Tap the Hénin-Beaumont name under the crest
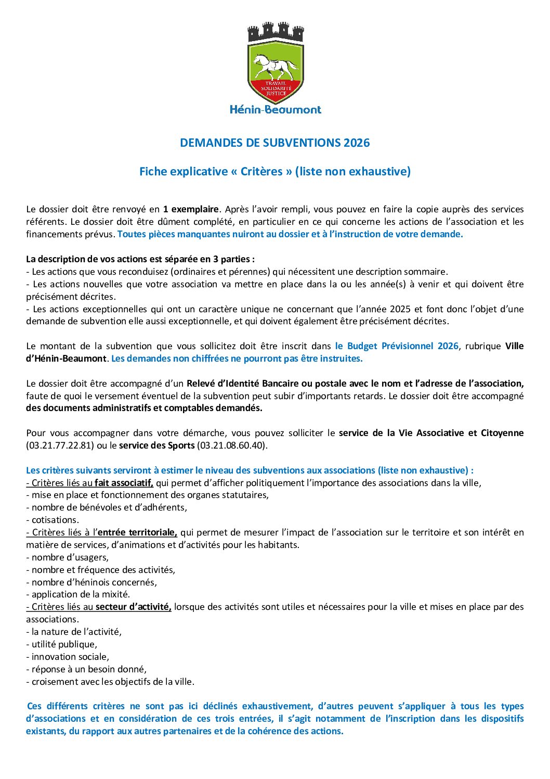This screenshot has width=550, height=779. (276, 110)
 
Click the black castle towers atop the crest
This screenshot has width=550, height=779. (276, 32)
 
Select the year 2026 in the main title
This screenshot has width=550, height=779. (356, 143)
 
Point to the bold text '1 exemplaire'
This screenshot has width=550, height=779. (191, 209)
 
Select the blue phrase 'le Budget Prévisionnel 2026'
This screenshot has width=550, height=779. (397, 346)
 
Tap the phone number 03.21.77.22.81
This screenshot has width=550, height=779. (59, 445)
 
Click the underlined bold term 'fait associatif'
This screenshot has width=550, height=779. (124, 483)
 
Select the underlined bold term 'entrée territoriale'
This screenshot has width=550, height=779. (137, 532)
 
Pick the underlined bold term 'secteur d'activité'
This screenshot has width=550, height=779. (134, 607)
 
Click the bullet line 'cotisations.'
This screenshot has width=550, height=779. (52, 520)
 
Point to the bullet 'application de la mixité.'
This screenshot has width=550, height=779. (78, 594)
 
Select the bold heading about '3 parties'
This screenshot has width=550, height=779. (140, 259)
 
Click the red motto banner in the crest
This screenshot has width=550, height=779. (276, 88)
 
